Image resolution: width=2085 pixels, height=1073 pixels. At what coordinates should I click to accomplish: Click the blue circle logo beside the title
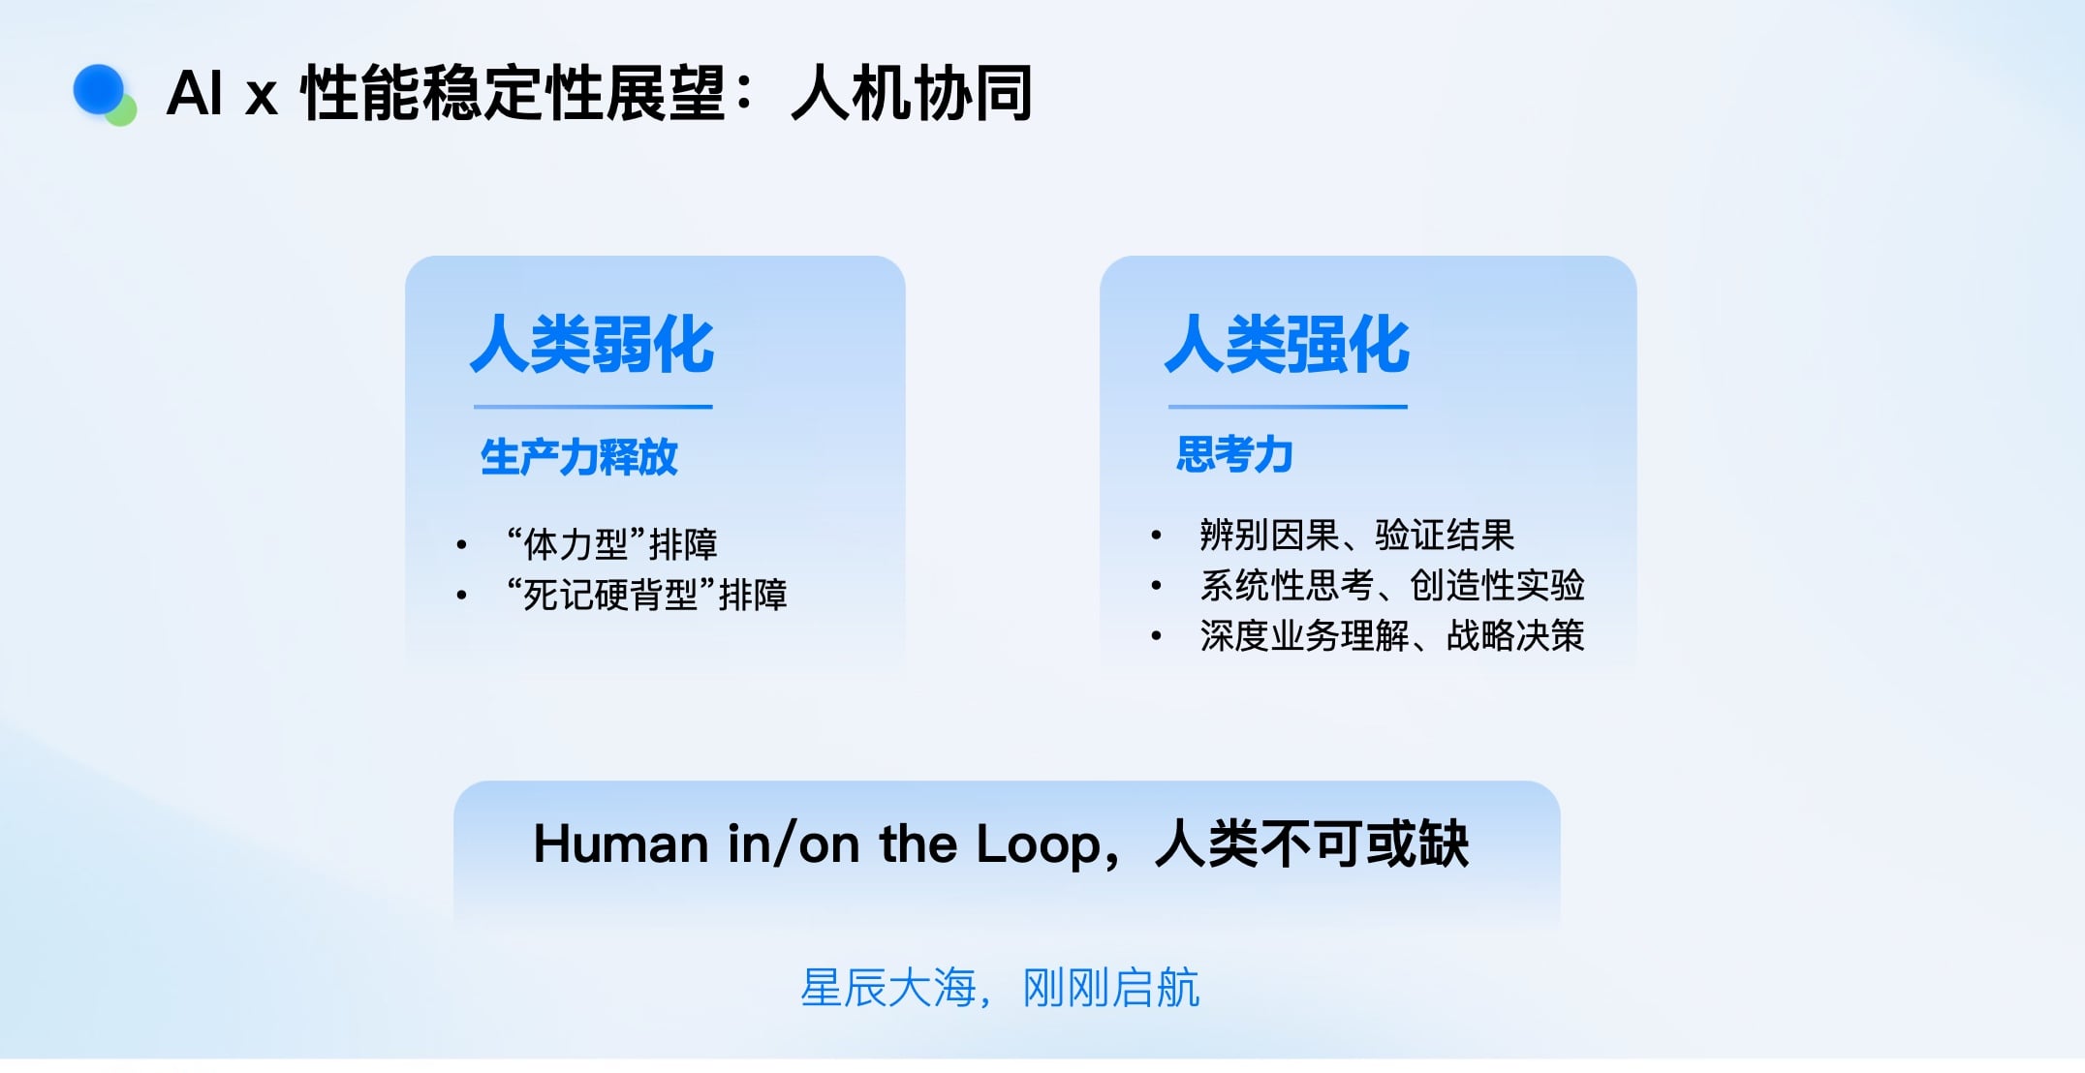99,90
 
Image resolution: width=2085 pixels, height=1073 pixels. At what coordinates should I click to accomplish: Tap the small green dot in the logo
122,112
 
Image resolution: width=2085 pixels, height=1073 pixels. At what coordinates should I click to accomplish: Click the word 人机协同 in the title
912,93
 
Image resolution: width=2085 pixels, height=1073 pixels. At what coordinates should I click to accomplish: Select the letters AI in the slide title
195,93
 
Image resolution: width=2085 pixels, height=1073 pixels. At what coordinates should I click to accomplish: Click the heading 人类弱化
592,344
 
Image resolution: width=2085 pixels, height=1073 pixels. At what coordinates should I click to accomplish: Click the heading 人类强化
1287,344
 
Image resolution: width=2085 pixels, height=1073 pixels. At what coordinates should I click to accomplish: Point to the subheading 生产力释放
579,457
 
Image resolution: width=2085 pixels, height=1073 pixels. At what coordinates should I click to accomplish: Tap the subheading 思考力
1235,454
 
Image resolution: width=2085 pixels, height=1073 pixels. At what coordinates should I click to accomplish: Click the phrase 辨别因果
1269,535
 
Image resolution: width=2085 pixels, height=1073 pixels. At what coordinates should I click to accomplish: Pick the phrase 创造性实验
1497,585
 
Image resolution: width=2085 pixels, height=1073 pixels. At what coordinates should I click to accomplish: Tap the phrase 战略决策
1515,635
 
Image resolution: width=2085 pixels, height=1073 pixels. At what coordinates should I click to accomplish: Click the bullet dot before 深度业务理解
1156,636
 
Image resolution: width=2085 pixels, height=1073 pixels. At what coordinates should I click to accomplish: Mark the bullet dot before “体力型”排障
461,545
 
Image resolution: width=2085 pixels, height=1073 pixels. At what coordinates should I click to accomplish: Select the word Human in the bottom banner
621,843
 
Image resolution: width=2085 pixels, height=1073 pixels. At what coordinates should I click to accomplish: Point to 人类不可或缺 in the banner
1313,843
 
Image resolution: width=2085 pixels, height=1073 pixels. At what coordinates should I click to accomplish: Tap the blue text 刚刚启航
1111,988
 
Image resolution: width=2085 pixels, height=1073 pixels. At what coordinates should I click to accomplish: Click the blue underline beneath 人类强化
1288,407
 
